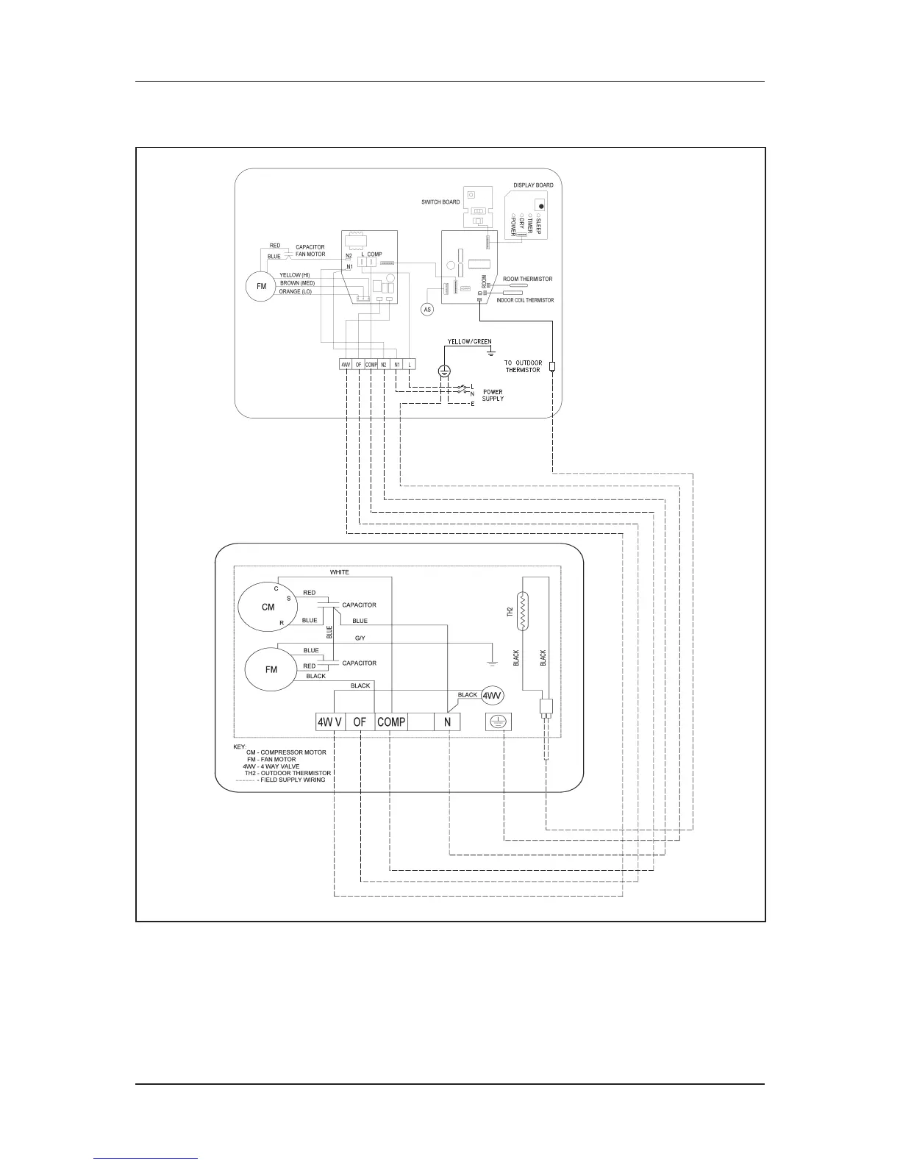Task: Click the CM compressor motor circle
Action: click(267, 608)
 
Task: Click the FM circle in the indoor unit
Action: click(261, 287)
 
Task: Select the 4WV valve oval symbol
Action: click(492, 695)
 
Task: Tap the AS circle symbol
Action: click(428, 310)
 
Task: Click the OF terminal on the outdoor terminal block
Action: click(359, 722)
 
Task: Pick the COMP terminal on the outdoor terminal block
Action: click(391, 722)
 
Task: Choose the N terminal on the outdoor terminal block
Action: click(447, 722)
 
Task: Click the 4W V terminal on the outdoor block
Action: click(329, 722)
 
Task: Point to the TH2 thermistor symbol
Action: click(522, 611)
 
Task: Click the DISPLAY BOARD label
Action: click(533, 185)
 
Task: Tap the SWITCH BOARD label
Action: click(440, 202)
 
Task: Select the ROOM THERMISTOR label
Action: click(527, 279)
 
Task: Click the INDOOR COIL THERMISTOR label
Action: click(525, 300)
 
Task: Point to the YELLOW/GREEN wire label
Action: click(470, 342)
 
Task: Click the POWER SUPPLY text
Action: click(493, 395)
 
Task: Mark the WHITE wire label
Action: click(339, 572)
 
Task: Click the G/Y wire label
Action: click(360, 638)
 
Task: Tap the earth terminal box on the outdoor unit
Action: click(499, 722)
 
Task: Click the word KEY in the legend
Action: click(240, 747)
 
